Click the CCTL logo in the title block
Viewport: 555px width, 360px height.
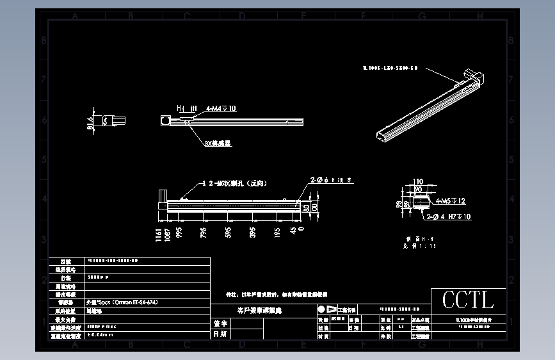(469, 299)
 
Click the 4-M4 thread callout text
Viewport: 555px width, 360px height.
(221, 109)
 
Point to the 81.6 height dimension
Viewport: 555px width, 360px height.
(90, 122)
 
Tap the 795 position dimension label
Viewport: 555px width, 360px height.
(204, 232)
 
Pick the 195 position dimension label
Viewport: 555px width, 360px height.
(277, 232)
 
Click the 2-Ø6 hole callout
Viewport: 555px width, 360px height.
(331, 181)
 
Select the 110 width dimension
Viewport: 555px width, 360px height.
(419, 181)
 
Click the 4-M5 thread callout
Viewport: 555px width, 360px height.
(450, 201)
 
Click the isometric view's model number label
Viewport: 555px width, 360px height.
(390, 67)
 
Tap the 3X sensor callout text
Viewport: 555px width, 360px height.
(217, 143)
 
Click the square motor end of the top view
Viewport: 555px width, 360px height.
(166, 120)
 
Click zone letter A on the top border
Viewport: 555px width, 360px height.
(75, 16)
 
